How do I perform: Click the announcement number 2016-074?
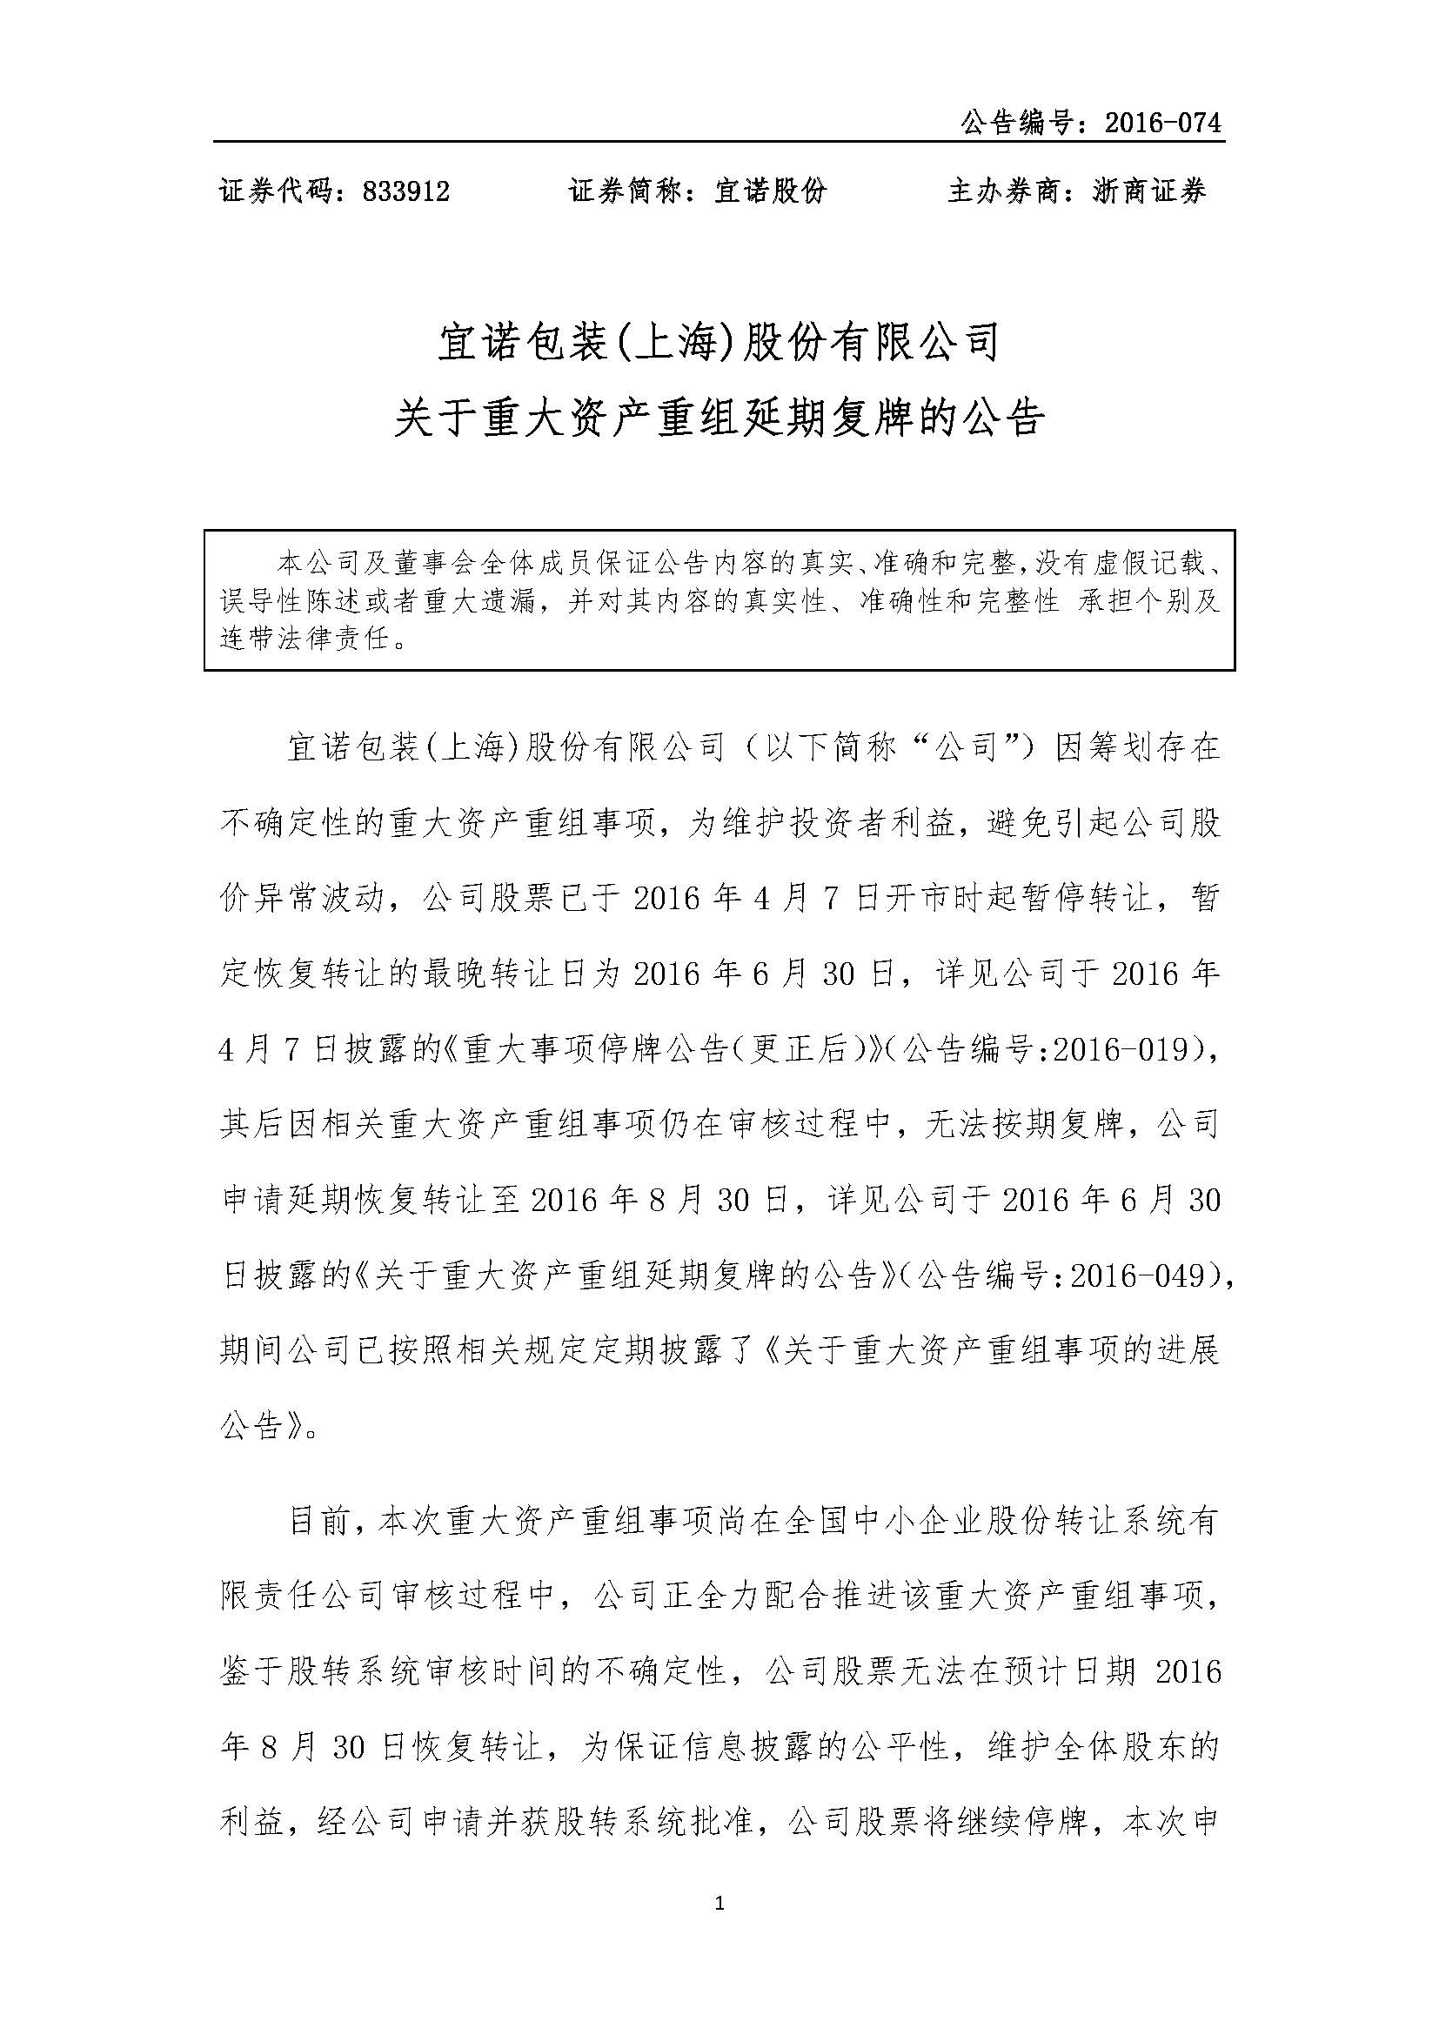click(x=1162, y=123)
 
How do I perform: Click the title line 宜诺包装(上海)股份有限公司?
click(x=719, y=342)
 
